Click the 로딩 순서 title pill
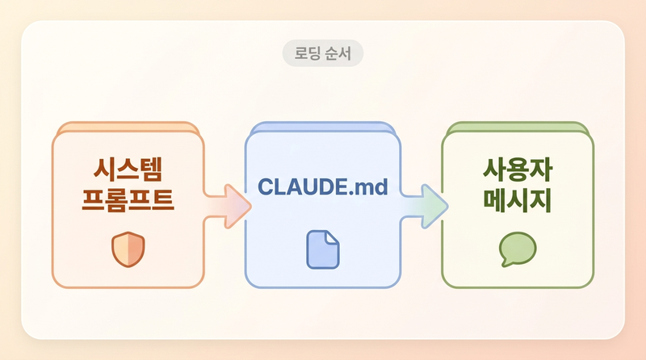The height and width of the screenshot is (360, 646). click(x=323, y=54)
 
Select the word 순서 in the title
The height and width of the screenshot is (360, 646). click(x=339, y=54)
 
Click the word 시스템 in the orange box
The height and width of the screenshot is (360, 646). click(x=128, y=170)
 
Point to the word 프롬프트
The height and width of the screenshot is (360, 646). click(x=128, y=199)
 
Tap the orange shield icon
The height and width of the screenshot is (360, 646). click(x=127, y=249)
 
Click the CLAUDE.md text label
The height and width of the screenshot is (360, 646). click(x=323, y=186)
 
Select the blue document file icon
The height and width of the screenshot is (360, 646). click(x=323, y=249)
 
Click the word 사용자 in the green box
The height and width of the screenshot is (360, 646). click(x=518, y=170)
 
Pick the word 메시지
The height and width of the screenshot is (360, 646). click(x=518, y=199)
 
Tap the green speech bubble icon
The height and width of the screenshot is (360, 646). click(x=518, y=249)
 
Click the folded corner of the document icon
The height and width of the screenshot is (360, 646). click(x=333, y=238)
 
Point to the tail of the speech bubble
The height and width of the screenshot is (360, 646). click(x=505, y=263)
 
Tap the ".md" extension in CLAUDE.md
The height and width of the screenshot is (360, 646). click(x=371, y=186)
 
